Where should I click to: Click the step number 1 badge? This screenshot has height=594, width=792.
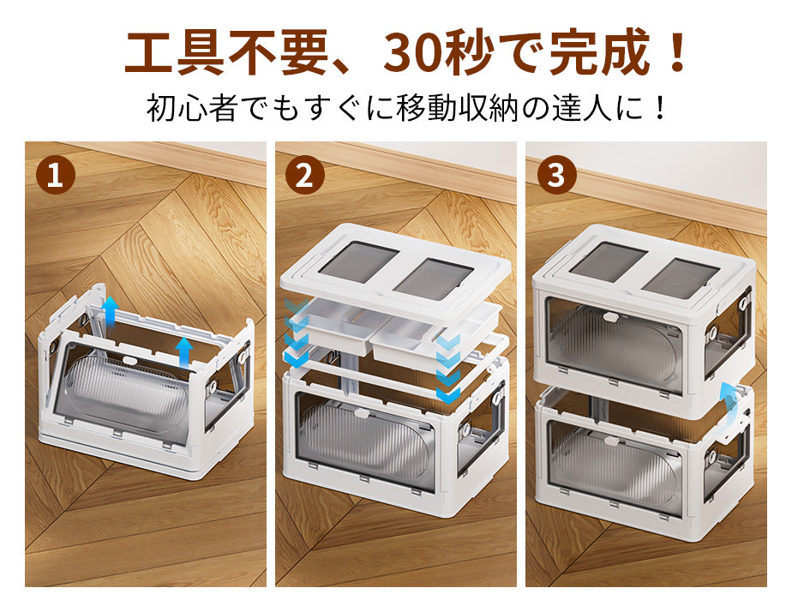[x=56, y=176]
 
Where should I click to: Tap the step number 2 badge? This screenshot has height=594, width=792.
[x=304, y=176]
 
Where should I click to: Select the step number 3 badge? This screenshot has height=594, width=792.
[x=555, y=176]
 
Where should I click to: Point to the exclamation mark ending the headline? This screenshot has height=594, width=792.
[x=675, y=52]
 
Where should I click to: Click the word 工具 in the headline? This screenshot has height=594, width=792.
[x=174, y=52]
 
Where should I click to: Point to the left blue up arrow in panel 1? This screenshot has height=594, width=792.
[x=109, y=312]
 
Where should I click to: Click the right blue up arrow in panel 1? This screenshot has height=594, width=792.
[x=184, y=353]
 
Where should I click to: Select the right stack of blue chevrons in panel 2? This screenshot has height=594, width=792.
[x=448, y=368]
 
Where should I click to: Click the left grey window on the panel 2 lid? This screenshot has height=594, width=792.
[x=359, y=261]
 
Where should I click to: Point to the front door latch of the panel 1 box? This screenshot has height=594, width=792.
[x=131, y=361]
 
